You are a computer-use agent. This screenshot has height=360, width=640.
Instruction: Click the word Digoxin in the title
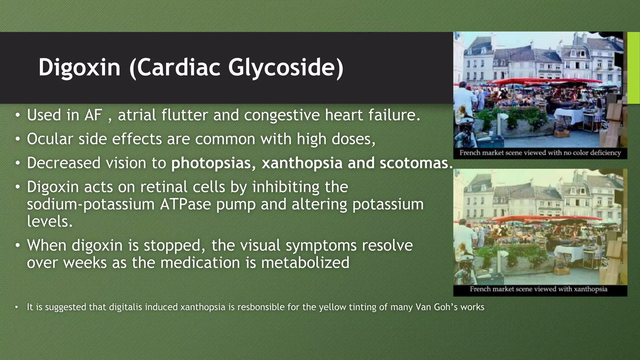click(x=79, y=67)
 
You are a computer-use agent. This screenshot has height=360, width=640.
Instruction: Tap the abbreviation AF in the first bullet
click(x=93, y=115)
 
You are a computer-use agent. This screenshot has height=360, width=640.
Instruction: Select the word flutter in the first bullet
click(x=184, y=115)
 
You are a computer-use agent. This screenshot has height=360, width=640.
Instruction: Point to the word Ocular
click(x=50, y=139)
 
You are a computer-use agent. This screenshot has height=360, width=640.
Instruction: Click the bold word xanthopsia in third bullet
click(x=302, y=163)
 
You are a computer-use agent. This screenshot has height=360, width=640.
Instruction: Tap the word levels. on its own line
click(x=50, y=221)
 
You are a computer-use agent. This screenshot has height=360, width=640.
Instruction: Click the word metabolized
click(x=305, y=262)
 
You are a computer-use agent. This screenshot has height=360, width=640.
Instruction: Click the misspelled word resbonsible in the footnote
click(x=261, y=307)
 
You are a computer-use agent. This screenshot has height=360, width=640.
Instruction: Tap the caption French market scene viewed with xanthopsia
click(x=538, y=289)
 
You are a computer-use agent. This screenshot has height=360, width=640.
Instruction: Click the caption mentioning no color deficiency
click(x=540, y=153)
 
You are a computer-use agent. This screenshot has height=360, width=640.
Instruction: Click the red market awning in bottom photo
click(x=531, y=219)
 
